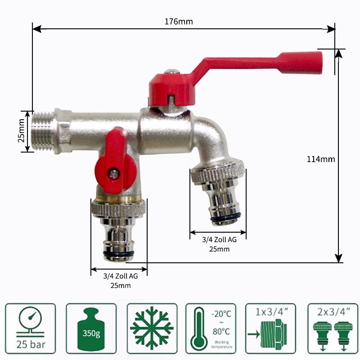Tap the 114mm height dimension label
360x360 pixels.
click(321, 159)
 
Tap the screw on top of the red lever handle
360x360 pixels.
click(171, 72)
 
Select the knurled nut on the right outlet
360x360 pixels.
click(218, 173)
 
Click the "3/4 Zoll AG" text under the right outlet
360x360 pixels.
click(219, 240)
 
